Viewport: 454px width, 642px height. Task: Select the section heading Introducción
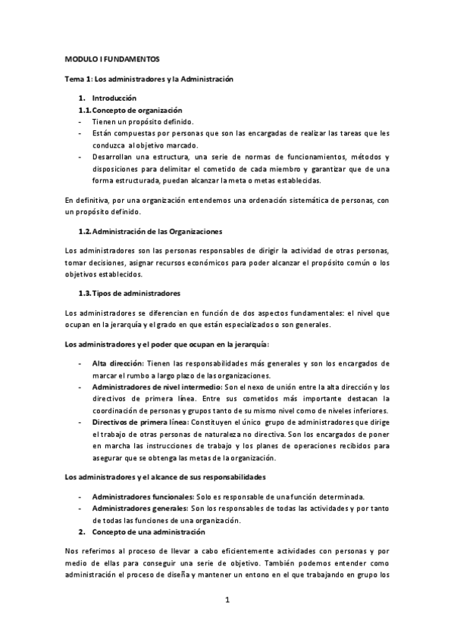coord(114,98)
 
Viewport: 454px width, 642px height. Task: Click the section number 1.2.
coord(85,230)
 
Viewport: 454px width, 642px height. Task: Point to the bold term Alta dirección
coord(117,364)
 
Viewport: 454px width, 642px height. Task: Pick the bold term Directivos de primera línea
coord(139,422)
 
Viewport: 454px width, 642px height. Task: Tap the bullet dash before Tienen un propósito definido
coord(80,122)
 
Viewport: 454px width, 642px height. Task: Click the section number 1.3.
coord(85,293)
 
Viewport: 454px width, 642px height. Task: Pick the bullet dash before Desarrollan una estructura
coord(80,157)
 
